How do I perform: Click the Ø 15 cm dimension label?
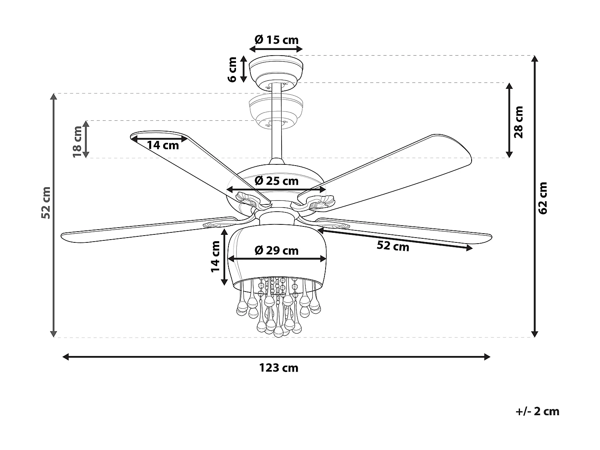point(276,40)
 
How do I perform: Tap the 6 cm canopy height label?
point(232,69)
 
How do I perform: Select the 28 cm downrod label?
point(519,122)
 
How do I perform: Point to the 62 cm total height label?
point(543,198)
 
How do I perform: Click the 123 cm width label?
point(278,368)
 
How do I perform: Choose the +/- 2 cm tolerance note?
point(538,411)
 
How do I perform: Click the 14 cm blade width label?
point(163,145)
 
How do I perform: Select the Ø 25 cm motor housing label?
point(276,181)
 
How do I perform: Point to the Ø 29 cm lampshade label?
point(276,251)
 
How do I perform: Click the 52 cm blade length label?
point(393,246)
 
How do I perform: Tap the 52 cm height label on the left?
point(46,202)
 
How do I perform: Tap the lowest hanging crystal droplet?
point(278,332)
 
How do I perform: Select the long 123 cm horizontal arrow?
point(276,357)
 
